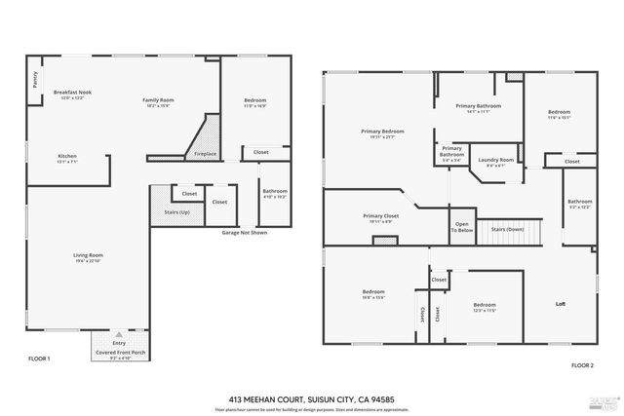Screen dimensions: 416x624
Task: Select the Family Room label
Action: pos(158,100)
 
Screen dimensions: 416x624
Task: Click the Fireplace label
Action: pos(206,153)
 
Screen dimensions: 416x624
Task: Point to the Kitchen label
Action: pos(66,158)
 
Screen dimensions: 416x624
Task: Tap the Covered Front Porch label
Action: pos(118,354)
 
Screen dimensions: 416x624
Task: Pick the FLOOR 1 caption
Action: pos(39,359)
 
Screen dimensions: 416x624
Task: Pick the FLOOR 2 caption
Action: pos(582,364)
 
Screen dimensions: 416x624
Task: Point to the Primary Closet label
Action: pos(381,218)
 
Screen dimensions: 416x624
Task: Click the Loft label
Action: pos(561,303)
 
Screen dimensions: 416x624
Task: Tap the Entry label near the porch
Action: pos(118,342)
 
